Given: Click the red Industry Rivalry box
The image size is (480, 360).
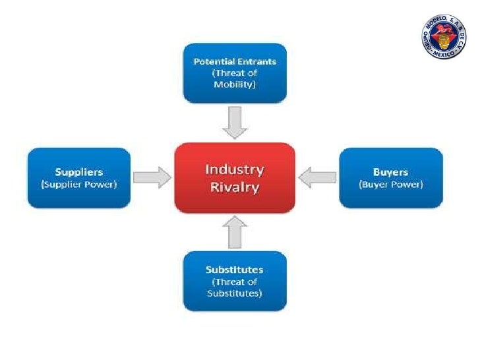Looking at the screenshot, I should point(234,177).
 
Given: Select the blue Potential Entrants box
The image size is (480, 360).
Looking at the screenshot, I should point(234,73).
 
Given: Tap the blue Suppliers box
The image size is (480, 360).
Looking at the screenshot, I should point(78,177).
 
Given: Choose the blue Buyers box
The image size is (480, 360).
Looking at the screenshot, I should point(390,177).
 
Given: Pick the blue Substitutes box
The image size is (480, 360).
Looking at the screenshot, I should point(234,281).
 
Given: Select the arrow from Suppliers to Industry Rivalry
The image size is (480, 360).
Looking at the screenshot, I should point(152,177).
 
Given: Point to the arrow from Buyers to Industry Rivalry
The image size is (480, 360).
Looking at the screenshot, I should point(317,177).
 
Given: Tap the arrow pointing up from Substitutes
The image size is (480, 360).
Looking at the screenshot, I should point(234,232).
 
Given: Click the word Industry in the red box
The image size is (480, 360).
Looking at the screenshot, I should point(234,169).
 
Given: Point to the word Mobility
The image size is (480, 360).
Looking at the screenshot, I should point(234,84).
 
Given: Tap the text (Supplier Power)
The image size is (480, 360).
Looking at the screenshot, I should point(78,185).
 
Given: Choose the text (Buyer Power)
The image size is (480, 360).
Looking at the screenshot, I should point(390,185).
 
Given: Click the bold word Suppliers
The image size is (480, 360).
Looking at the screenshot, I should point(78,172).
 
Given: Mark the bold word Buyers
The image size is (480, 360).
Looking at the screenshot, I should point(390,172).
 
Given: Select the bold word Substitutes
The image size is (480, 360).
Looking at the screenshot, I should point(234,270).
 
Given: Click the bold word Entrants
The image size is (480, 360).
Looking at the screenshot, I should point(255,61).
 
